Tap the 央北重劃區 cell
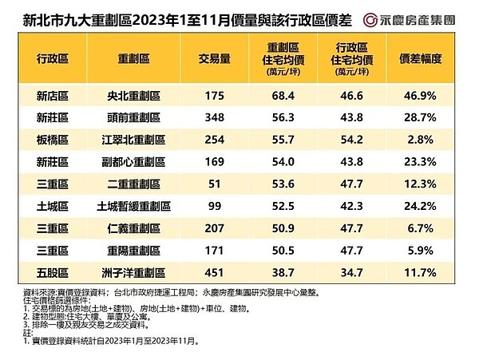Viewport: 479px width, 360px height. click(137, 96)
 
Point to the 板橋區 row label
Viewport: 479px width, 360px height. click(53, 140)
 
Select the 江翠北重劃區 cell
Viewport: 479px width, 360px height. click(137, 140)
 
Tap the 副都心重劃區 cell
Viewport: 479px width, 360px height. click(137, 162)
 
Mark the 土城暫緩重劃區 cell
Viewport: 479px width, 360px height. click(137, 207)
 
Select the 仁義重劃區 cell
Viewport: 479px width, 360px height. click(137, 229)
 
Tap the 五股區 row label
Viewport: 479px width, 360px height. click(53, 273)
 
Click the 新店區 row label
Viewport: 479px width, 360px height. click(53, 96)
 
